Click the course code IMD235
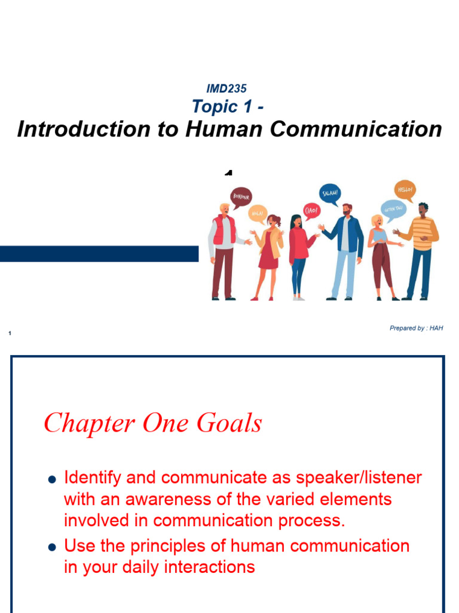pos(226,89)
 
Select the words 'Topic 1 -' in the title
pos(228,107)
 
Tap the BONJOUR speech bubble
pos(241,196)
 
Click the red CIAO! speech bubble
pos(312,210)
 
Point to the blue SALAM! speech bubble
pos(330,193)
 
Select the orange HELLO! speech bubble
pos(405,190)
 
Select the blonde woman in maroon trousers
pos(380,257)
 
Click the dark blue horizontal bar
pos(99,253)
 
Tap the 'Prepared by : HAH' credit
pos(416,328)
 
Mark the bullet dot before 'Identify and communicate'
pos(52,479)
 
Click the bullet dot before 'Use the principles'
pos(52,547)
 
